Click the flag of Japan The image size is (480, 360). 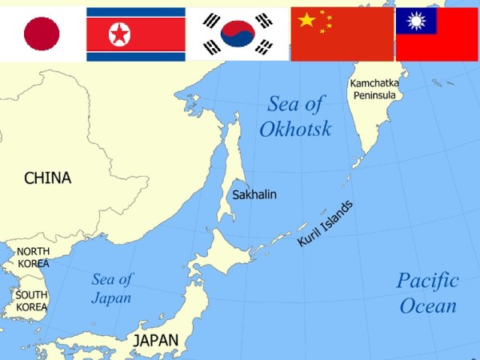tap(42, 34)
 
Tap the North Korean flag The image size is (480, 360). tap(135, 34)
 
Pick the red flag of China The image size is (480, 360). tap(342, 34)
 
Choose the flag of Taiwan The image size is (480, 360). tap(437, 34)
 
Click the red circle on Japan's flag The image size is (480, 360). tap(42, 34)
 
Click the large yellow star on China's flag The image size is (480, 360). tap(306, 19)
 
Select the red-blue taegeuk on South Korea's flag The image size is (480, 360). tap(238, 34)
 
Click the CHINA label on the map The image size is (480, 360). tap(47, 178)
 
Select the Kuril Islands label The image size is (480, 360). tap(325, 223)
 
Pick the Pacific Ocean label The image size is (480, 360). tap(428, 293)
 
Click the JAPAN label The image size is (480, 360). tap(156, 341)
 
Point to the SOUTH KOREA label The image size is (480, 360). tap(32, 301)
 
